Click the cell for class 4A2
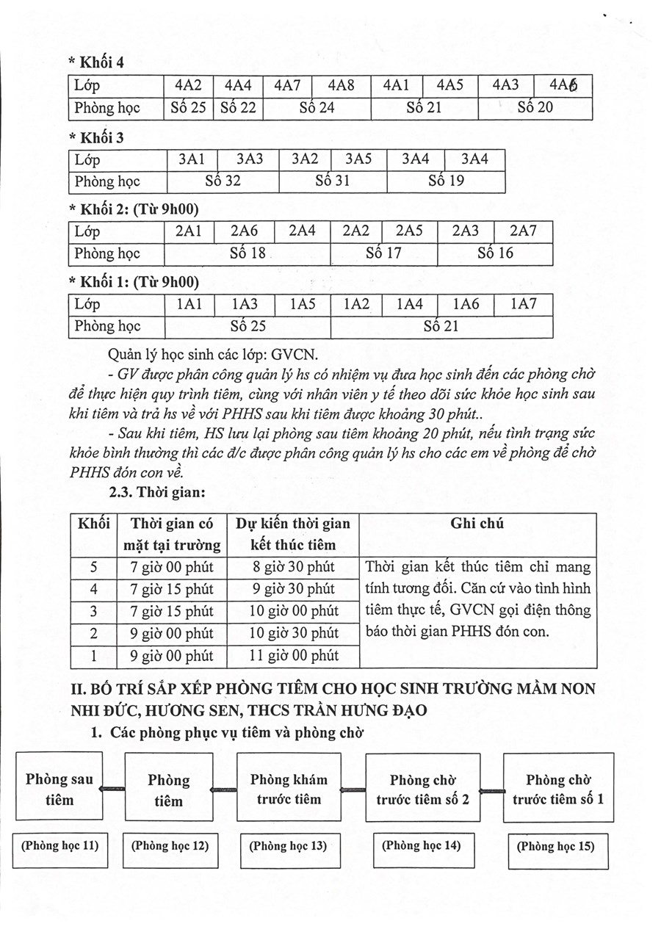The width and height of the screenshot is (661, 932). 189,85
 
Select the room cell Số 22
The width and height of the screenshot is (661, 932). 238,108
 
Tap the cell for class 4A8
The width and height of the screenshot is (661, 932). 341,85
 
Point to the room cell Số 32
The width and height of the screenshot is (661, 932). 223,181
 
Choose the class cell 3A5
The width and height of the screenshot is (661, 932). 358,159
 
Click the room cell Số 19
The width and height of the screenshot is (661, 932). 446,181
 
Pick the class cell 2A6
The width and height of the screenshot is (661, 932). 244,231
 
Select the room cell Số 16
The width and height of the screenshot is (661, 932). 495,254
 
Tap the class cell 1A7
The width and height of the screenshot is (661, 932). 524,304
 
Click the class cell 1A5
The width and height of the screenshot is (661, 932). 302,304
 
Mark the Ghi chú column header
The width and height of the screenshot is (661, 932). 477,524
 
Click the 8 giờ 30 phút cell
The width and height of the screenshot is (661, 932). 293,567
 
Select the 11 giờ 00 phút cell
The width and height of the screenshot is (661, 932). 293,655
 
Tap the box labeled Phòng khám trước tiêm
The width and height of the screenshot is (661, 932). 289,789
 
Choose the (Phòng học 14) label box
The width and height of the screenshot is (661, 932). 422,845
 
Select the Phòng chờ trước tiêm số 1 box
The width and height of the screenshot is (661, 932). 558,788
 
